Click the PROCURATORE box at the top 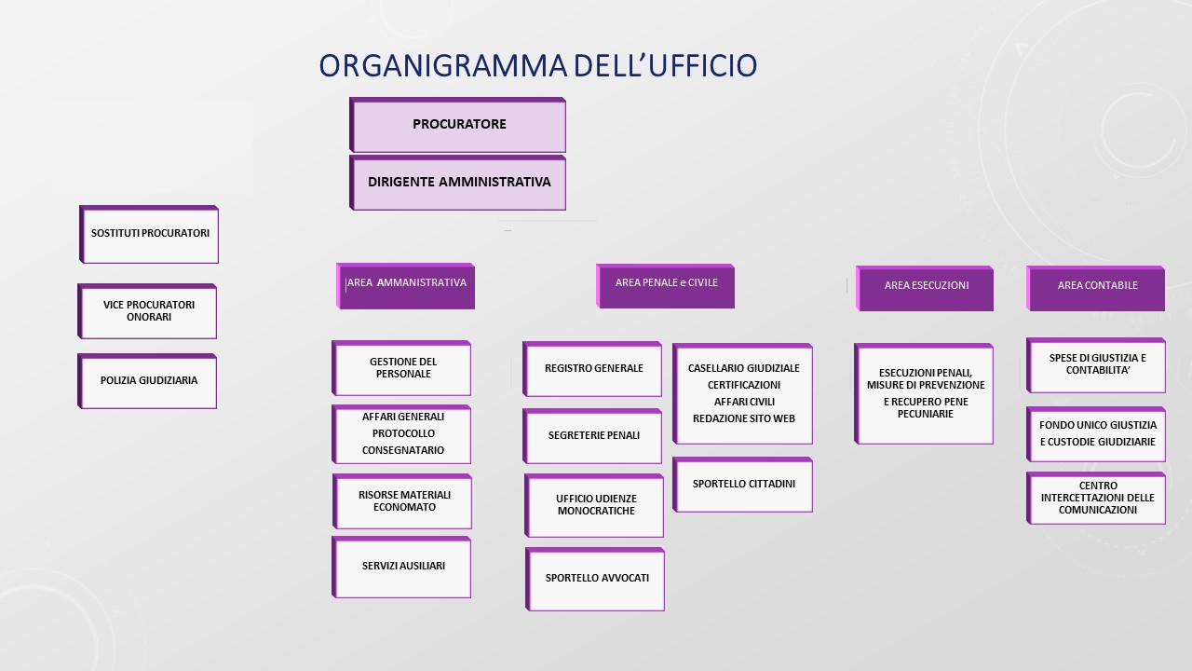click(458, 125)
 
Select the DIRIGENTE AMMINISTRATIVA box click(458, 183)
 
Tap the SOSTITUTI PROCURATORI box click(150, 234)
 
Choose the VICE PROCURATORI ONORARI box click(149, 311)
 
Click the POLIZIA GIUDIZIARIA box click(149, 380)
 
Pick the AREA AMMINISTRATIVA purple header click(406, 284)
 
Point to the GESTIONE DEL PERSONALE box click(402, 368)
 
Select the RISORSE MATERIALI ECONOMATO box click(403, 501)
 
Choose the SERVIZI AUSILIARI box click(403, 567)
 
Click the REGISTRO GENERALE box click(593, 369)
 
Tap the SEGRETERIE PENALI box click(593, 435)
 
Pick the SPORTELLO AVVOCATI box click(596, 579)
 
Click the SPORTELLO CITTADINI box click(743, 485)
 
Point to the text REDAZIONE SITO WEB click(743, 419)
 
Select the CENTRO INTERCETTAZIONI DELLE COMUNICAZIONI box click(1097, 499)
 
